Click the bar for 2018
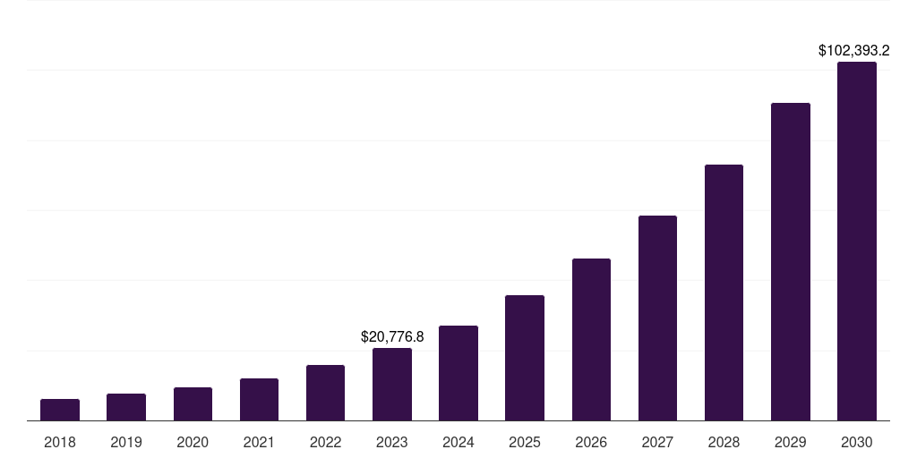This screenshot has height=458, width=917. point(60,410)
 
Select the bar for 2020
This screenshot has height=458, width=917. point(193,404)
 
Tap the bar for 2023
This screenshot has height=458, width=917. point(392,385)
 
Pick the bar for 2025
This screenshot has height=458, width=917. point(525,358)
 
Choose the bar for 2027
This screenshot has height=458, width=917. point(657,318)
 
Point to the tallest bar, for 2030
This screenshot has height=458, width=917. point(857,242)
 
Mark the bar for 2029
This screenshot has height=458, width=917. point(791,262)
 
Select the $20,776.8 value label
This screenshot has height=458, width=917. point(392,337)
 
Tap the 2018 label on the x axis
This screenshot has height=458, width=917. point(60,442)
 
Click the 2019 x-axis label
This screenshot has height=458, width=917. point(126,442)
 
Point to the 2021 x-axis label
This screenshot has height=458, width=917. point(259,442)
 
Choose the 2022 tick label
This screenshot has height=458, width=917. point(325,442)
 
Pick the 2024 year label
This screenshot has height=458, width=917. point(458,442)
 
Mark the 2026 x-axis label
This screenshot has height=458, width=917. point(591,442)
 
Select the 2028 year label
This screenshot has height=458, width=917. point(724,442)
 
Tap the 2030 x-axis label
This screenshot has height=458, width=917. point(857,442)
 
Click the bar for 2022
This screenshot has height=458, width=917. point(325,393)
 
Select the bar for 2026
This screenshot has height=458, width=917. point(591,340)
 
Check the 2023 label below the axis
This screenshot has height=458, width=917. point(392,442)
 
